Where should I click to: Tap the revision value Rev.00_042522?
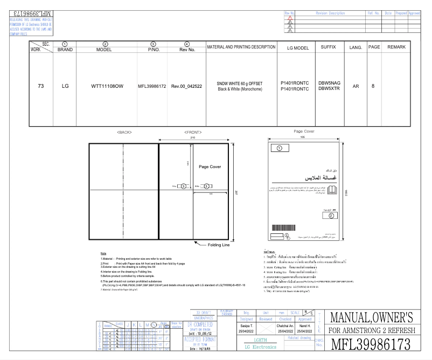[x=186, y=86]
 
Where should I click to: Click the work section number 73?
[x=40, y=86]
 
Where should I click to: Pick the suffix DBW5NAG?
[x=329, y=82]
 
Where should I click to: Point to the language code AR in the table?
[x=356, y=86]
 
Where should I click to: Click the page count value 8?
[x=373, y=86]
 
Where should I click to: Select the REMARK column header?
[x=396, y=47]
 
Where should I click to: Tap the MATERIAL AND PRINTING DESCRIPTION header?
[x=241, y=47]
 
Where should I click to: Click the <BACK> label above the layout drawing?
[x=124, y=131]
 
